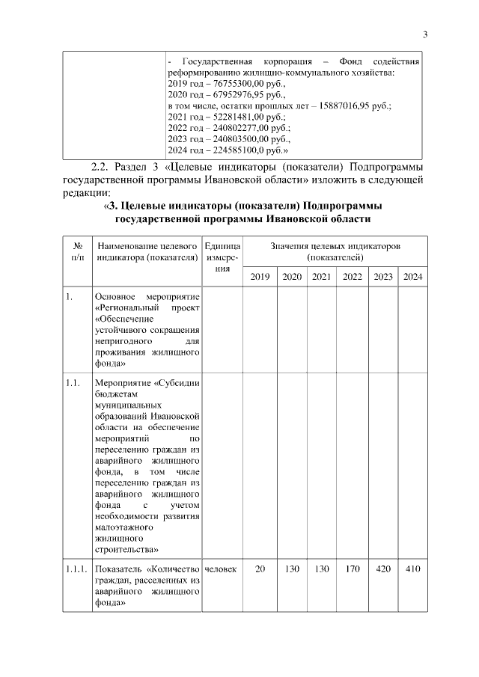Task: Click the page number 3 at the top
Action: coord(424,34)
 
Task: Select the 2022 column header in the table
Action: coord(352,277)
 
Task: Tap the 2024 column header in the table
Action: coord(412,277)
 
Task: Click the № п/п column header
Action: coord(77,251)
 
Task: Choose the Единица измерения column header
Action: coord(222,257)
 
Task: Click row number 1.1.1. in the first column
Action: coord(77,569)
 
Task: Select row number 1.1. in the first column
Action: coord(73,384)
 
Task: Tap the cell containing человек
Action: coord(221,569)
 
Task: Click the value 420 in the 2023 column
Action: coord(382,569)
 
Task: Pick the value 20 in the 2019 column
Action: coord(260,569)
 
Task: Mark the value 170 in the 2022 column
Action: coord(352,569)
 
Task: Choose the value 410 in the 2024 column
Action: coord(412,569)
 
